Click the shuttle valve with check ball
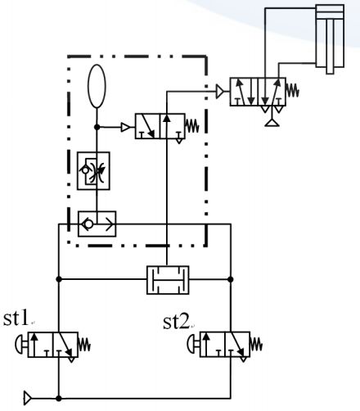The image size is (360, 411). (97, 222)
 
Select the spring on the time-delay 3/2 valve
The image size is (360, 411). (194, 127)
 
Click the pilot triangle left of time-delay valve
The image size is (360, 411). (125, 127)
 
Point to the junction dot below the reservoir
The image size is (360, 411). (97, 127)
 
